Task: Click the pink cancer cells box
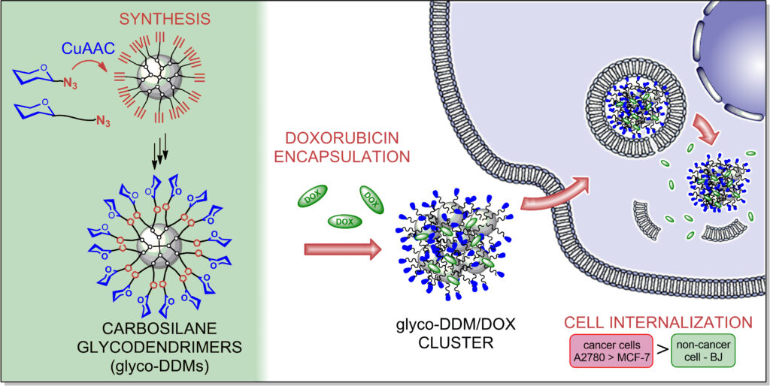(x=611, y=351)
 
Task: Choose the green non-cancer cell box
(x=702, y=351)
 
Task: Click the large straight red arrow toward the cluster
(x=343, y=249)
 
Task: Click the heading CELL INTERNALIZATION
(x=659, y=322)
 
